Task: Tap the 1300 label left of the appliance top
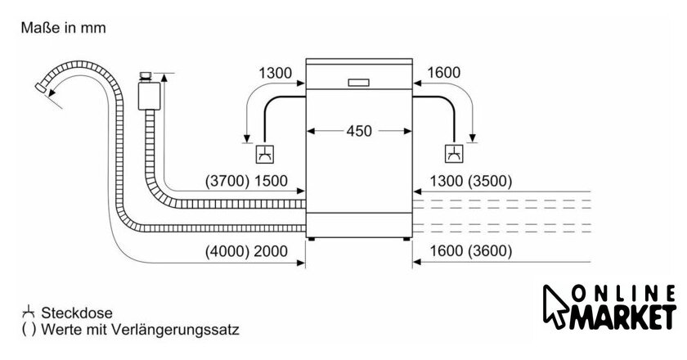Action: coord(275,74)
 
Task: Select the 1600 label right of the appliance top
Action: coord(444,74)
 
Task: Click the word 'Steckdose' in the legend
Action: coord(79,313)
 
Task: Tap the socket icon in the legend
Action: coord(29,313)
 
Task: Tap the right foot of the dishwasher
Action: coord(406,240)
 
